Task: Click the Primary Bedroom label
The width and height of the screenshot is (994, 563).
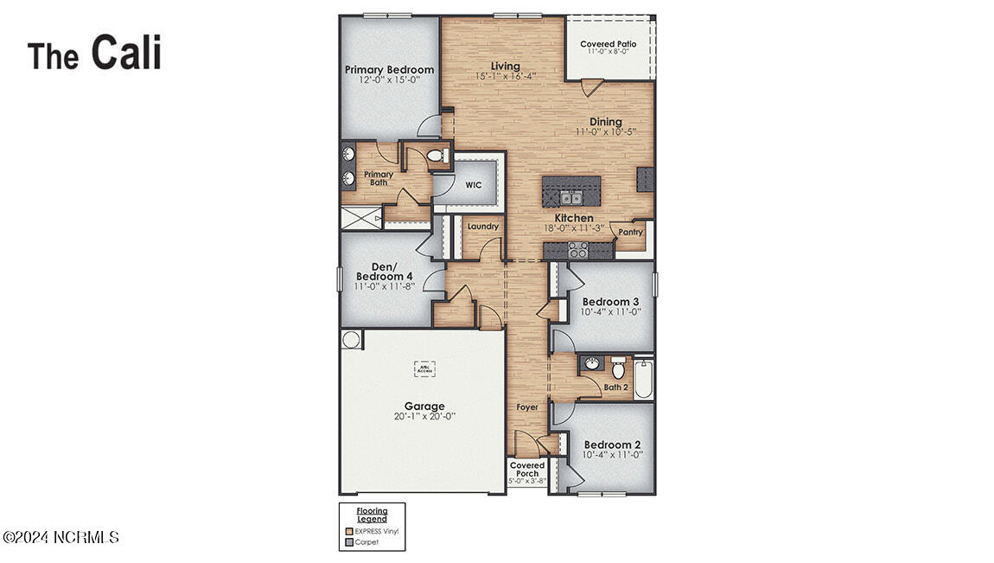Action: pos(389,70)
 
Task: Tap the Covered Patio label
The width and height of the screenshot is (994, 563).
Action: pos(608,44)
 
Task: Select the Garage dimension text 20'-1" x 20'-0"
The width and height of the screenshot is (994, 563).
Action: pos(424,416)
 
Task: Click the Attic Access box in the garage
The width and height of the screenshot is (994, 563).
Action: pos(424,368)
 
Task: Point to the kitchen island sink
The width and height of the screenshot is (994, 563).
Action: pos(570,196)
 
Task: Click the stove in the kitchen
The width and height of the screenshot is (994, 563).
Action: pos(577,251)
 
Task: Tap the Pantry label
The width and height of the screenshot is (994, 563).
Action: pos(631,232)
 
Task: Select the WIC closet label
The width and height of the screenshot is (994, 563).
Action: pos(473,185)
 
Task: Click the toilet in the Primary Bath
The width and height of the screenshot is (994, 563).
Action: pos(438,156)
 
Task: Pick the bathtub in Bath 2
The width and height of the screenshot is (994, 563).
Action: pos(643,379)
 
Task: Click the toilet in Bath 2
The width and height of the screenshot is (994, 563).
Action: pos(617,368)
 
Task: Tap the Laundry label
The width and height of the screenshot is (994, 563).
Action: pos(482,227)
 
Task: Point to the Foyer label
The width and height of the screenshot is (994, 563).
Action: pos(527,406)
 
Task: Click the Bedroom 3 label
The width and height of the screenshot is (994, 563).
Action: pos(611,302)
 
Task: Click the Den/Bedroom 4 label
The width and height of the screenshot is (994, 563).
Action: pos(385,272)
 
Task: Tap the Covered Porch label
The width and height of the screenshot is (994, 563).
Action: pos(526,470)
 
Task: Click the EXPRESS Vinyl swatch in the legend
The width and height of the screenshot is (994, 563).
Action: pos(349,531)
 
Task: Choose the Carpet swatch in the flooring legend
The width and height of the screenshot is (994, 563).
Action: pos(349,542)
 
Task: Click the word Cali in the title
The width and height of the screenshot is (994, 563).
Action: pos(126,52)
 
